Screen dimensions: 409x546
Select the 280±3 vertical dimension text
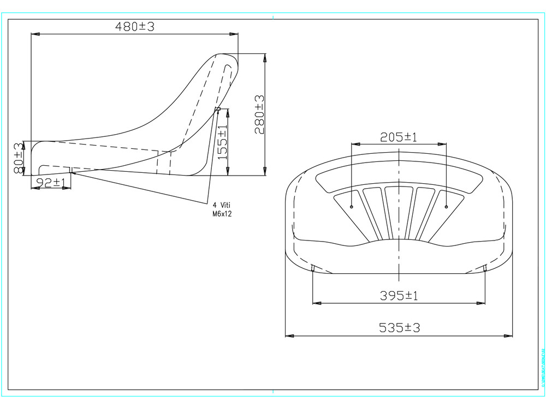(259, 115)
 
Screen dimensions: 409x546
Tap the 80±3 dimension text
(19, 158)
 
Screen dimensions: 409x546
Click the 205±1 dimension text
(399, 137)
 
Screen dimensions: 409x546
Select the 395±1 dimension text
(399, 296)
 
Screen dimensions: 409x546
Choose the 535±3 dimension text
(399, 328)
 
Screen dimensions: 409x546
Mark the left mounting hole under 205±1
(352, 207)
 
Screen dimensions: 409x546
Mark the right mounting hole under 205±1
(446, 207)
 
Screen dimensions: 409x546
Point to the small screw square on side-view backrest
(218, 109)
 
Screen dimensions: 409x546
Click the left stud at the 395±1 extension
(312, 267)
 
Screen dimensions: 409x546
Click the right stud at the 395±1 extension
(485, 267)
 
